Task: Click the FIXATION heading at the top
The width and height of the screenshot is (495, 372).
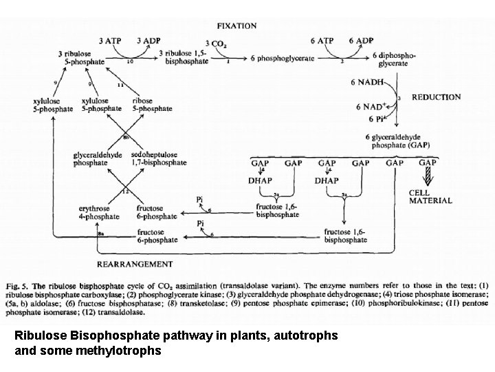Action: point(236,26)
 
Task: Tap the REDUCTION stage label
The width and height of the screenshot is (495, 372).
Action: point(436,97)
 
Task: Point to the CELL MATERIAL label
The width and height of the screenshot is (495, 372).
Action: point(430,197)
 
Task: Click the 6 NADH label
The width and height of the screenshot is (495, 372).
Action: point(367,83)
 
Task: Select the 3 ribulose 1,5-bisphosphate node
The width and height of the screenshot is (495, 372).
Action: point(184,58)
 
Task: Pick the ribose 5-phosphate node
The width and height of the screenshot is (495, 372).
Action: point(152,105)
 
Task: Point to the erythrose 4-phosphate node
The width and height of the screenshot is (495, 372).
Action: point(100,211)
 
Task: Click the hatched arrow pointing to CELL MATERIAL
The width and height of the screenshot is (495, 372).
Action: point(428,177)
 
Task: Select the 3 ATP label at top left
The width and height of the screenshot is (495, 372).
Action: point(110,41)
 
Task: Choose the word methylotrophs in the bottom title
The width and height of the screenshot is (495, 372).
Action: point(129,350)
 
